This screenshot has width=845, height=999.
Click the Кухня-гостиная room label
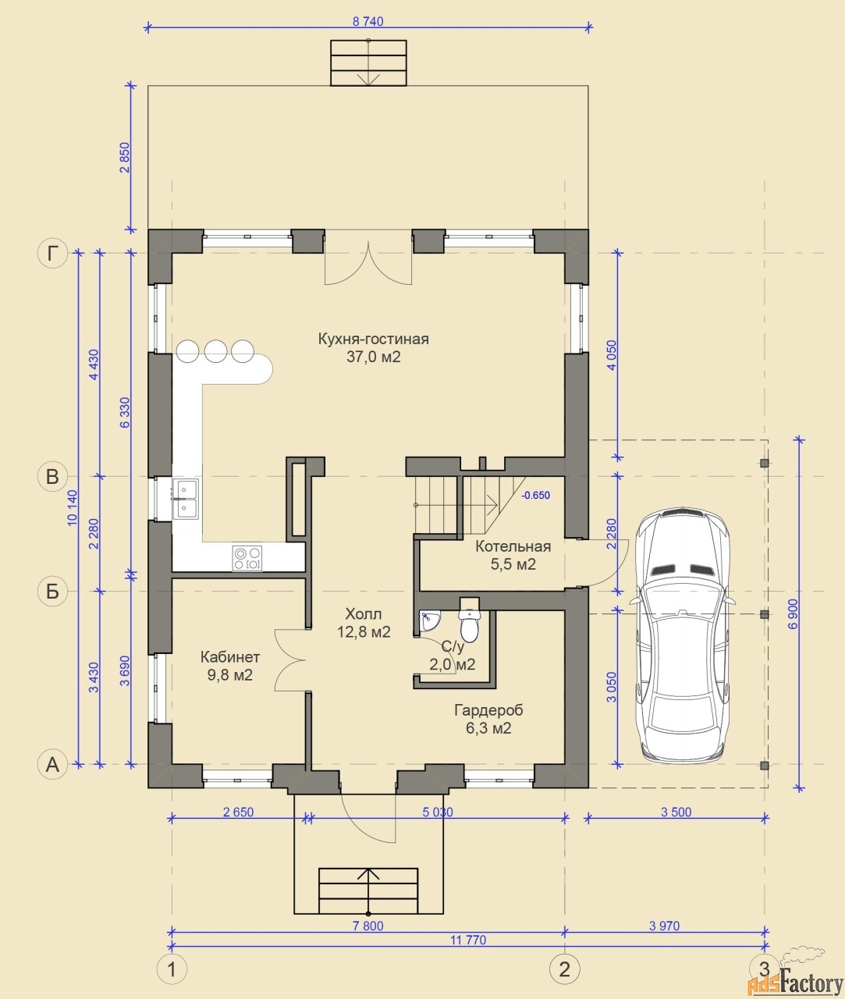373,339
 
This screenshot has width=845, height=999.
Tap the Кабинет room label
230,657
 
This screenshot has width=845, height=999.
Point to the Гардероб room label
488,710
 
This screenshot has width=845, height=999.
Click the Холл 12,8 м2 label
364,623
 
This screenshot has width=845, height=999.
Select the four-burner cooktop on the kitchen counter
247,558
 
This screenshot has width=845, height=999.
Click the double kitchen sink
186,499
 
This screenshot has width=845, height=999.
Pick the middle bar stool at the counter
215,351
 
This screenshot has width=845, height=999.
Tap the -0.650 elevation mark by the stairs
536,496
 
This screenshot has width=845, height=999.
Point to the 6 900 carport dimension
793,613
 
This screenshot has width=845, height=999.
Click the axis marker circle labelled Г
52,253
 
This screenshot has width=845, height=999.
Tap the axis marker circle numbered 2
565,969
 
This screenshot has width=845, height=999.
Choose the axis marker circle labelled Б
52,591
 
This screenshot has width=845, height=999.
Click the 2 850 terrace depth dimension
124,157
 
